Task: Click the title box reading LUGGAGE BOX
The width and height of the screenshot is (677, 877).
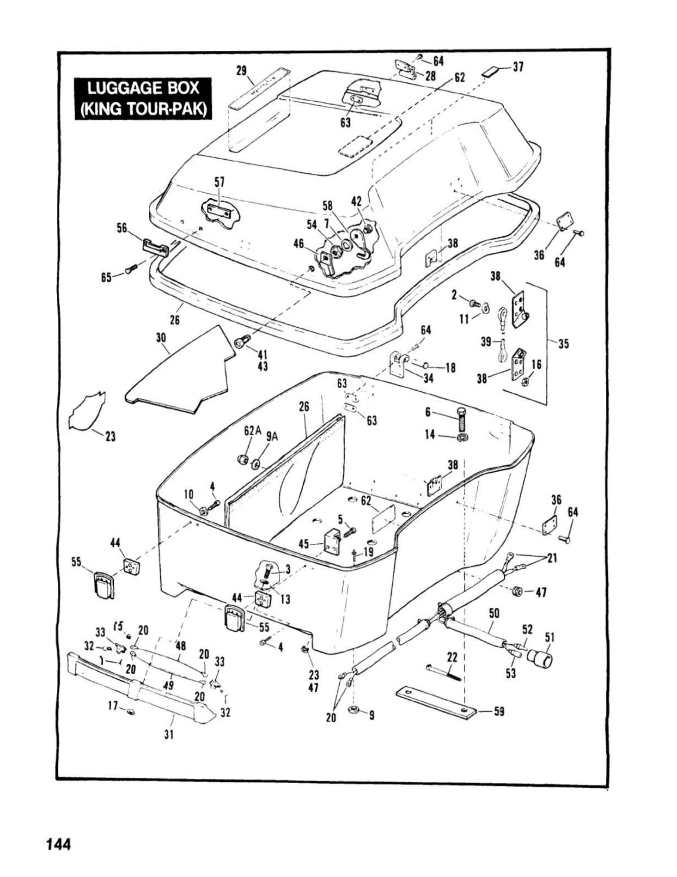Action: click(x=143, y=99)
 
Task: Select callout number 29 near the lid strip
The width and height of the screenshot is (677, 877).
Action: click(x=241, y=71)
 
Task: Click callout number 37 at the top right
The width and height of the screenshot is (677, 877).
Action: click(x=518, y=67)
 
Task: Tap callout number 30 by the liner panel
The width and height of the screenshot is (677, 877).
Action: click(x=161, y=338)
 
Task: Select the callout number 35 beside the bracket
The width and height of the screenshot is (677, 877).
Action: click(x=563, y=344)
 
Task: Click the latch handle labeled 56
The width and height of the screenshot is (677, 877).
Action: click(x=155, y=247)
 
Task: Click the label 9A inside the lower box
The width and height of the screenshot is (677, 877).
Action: click(x=273, y=437)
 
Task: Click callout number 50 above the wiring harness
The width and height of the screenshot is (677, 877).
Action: click(x=494, y=613)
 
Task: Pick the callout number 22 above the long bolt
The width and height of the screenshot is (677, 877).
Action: click(x=452, y=658)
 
